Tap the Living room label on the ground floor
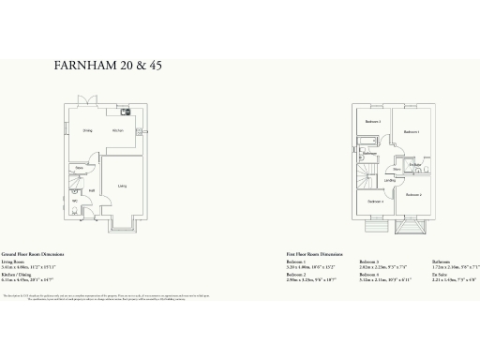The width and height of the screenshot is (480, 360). [122, 186]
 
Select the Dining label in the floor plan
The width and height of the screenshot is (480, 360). [86, 130]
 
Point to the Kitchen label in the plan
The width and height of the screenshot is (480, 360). [119, 130]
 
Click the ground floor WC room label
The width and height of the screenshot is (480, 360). [74, 200]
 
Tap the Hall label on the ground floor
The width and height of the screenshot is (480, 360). [92, 191]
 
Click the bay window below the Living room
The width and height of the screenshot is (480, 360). [122, 226]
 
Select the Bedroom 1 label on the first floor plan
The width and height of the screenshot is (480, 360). [411, 132]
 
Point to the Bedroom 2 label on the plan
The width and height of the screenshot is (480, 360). [413, 194]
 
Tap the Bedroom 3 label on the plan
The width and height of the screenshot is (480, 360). [373, 122]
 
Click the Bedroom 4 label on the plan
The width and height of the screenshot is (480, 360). [374, 202]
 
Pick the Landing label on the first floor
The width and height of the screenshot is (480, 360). [388, 180]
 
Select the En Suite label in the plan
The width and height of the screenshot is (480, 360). [415, 164]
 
